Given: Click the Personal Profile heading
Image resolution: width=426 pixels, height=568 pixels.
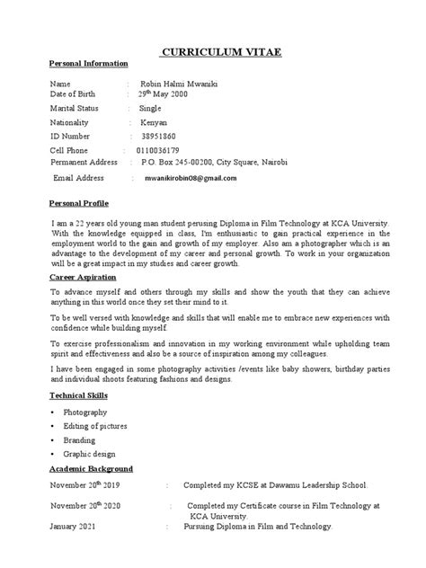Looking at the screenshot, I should point(78,204).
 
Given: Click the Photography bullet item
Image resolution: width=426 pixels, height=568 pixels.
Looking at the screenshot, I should point(86,411).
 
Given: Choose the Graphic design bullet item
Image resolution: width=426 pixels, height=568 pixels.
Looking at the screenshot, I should point(91,455).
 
